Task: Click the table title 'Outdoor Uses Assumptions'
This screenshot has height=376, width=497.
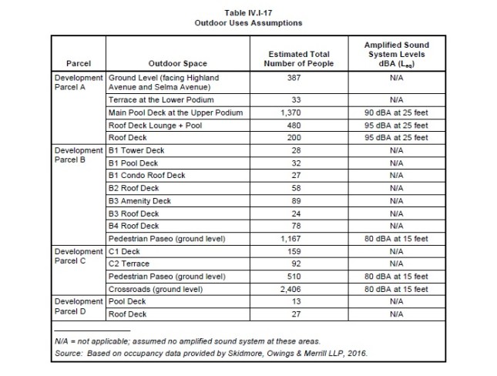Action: coord(247,23)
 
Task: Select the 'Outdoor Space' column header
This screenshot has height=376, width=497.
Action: coord(177,63)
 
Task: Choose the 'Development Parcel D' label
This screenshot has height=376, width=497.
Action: coord(78,307)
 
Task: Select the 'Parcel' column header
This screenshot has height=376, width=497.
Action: coord(78,63)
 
